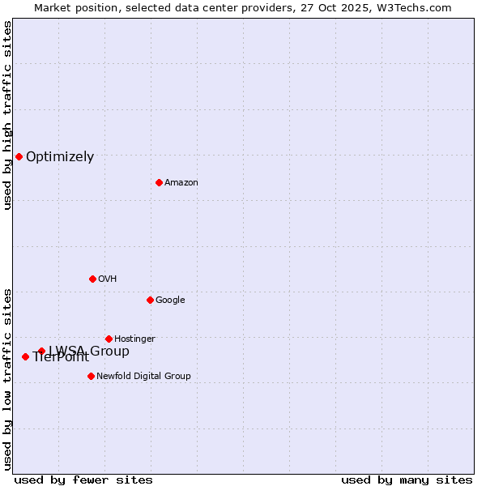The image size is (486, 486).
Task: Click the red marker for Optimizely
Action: (19, 156)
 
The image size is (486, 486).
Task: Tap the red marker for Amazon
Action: (159, 182)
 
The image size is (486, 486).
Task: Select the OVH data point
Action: (92, 279)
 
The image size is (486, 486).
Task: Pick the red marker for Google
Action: (150, 300)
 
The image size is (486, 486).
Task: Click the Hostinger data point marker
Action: (109, 339)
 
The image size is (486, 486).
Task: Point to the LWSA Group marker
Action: (41, 351)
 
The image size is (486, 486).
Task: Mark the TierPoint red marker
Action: (25, 356)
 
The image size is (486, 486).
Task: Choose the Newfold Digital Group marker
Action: (91, 376)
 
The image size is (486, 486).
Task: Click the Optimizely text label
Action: (60, 157)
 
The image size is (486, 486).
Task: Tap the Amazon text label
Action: (181, 183)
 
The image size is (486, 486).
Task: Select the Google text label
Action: (170, 301)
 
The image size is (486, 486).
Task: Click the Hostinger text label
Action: (134, 339)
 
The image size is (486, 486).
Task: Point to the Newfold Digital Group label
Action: (143, 377)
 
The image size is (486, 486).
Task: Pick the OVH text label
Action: (108, 279)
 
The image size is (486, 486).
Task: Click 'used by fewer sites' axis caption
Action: (83, 480)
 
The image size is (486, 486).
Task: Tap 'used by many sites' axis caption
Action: (407, 480)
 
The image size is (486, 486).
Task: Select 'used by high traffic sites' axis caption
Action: (7, 115)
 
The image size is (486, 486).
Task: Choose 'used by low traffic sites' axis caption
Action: (7, 379)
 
